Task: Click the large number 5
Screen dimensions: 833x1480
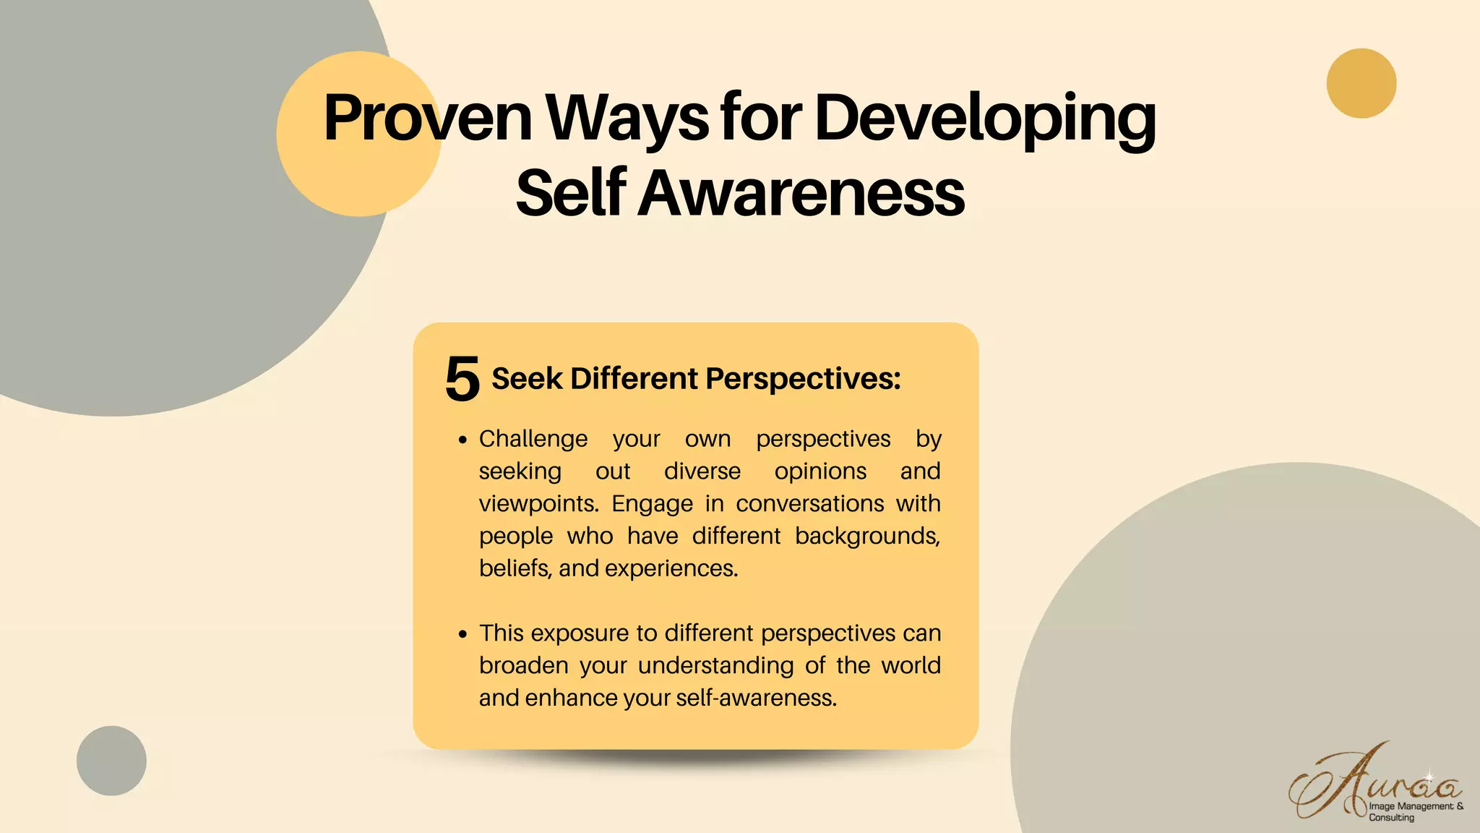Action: [462, 379]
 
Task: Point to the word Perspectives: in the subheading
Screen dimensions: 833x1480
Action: [803, 379]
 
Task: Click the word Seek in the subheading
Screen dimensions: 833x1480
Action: [526, 379]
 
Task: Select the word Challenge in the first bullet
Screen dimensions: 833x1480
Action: [533, 439]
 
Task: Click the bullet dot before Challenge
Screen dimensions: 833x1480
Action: [463, 440]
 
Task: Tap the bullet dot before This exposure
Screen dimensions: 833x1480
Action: [463, 634]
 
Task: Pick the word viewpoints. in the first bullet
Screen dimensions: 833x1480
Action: [539, 503]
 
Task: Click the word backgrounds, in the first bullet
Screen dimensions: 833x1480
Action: [867, 536]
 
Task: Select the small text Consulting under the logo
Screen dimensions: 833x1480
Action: [1391, 818]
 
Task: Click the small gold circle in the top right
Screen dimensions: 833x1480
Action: [1361, 83]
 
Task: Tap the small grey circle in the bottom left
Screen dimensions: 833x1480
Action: [111, 761]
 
